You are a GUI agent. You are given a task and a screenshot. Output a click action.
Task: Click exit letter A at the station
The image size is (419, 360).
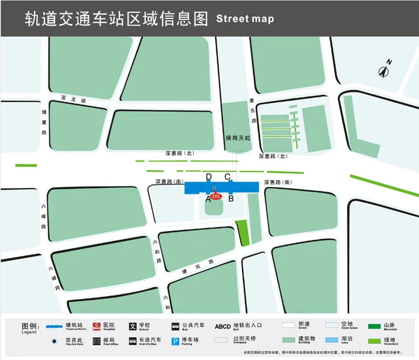coord(208,198)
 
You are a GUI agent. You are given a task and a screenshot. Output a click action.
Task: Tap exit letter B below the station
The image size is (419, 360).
coord(230,198)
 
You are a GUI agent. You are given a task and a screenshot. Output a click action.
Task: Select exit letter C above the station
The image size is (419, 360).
coord(228,177)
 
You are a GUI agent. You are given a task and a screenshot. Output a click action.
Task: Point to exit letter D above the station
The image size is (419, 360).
coord(209,177)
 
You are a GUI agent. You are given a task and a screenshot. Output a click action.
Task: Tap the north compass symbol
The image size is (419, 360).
coord(385,70)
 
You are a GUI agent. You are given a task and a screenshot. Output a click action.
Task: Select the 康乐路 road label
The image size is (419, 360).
coord(253,111)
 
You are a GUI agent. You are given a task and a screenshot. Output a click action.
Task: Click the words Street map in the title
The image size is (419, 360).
coord(245,18)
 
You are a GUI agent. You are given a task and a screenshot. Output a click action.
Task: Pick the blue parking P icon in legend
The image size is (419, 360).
coord(175,341)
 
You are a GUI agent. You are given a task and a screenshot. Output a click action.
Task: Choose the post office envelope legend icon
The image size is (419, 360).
coord(97,341)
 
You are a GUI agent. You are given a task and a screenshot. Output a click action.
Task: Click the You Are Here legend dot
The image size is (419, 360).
coord(54,341)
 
